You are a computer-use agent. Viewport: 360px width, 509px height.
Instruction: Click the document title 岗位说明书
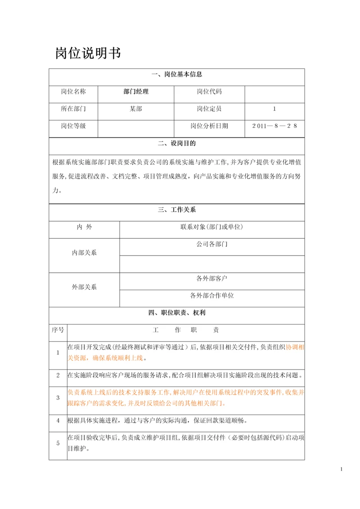point(88,54)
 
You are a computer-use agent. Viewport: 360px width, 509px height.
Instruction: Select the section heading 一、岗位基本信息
point(177,75)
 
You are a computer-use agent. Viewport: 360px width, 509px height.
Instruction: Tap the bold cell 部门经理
point(135,92)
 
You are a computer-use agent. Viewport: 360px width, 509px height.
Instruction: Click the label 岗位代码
point(209,92)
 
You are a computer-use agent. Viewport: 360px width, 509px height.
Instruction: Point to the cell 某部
point(135,109)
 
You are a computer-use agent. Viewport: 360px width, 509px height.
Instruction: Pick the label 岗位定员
point(209,109)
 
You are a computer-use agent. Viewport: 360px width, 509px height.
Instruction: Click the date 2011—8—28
point(274,126)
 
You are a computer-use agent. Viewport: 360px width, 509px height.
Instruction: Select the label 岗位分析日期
point(209,126)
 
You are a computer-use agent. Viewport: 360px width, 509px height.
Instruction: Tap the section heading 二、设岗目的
point(177,144)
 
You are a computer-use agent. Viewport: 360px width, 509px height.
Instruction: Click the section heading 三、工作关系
point(177,210)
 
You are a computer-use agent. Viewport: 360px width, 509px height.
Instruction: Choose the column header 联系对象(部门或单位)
point(212,227)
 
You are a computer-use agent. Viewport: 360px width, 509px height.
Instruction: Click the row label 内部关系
point(84,253)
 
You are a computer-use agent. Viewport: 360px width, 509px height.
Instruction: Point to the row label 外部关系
point(84,287)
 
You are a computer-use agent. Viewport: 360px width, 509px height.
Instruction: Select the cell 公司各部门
point(212,244)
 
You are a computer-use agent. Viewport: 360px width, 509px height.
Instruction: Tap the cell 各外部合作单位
point(212,296)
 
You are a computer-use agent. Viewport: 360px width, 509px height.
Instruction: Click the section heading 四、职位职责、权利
point(177,312)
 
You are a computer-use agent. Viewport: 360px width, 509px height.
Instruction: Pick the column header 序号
point(58,330)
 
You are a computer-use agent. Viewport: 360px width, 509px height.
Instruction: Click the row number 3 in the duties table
point(58,398)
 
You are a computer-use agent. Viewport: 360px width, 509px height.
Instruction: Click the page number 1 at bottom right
point(342,470)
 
